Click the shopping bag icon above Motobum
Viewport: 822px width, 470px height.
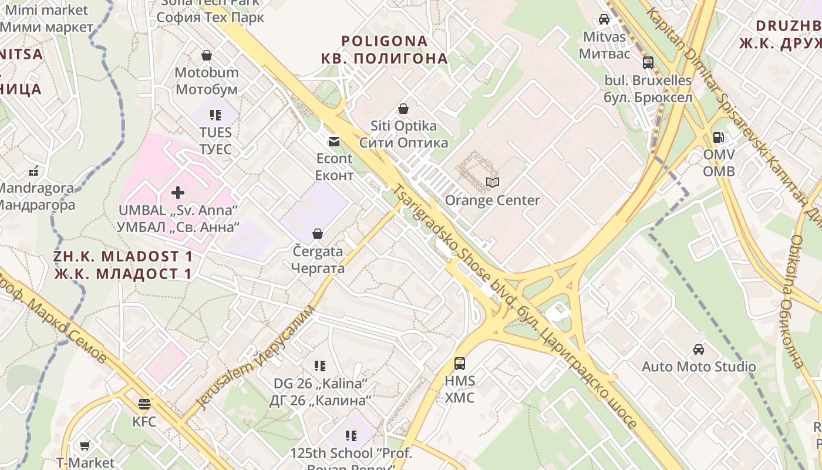coord(207,56)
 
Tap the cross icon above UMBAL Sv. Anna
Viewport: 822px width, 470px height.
coord(178,192)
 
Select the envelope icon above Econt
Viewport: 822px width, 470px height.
coord(334,141)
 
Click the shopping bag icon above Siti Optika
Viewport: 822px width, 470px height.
coord(403,109)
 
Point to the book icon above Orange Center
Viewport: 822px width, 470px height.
coord(492,183)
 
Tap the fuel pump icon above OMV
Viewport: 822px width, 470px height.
coord(718,137)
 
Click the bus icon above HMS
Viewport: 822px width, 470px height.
coord(460,364)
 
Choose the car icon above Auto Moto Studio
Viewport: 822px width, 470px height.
coord(699,350)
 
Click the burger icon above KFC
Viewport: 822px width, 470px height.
coord(144,404)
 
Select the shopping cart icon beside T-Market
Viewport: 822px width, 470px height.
coord(85,446)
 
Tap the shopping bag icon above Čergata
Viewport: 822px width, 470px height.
coord(318,234)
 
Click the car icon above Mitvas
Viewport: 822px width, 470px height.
coord(604,19)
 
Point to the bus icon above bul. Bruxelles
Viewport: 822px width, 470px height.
coord(648,63)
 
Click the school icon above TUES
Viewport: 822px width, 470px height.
coord(215,115)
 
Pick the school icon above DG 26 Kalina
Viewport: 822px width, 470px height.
coord(320,366)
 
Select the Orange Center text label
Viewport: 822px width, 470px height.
coord(493,200)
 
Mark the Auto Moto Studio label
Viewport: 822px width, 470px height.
coord(699,367)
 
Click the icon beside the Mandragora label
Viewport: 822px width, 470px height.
coord(33,172)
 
